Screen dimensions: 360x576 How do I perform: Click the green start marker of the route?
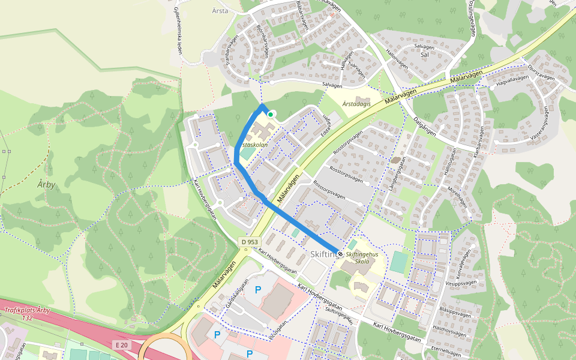pos(271,114)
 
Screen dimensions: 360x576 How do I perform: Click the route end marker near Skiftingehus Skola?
pos(340,254)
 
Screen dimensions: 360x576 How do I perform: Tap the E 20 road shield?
pos(122,344)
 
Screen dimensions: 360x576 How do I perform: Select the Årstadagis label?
pos(356,104)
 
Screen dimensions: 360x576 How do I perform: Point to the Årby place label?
pos(46,184)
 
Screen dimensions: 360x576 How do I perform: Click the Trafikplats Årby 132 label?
pos(27,314)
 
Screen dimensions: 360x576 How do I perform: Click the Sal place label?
pos(425,54)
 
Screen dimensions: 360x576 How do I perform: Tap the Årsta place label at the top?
pos(220,10)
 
